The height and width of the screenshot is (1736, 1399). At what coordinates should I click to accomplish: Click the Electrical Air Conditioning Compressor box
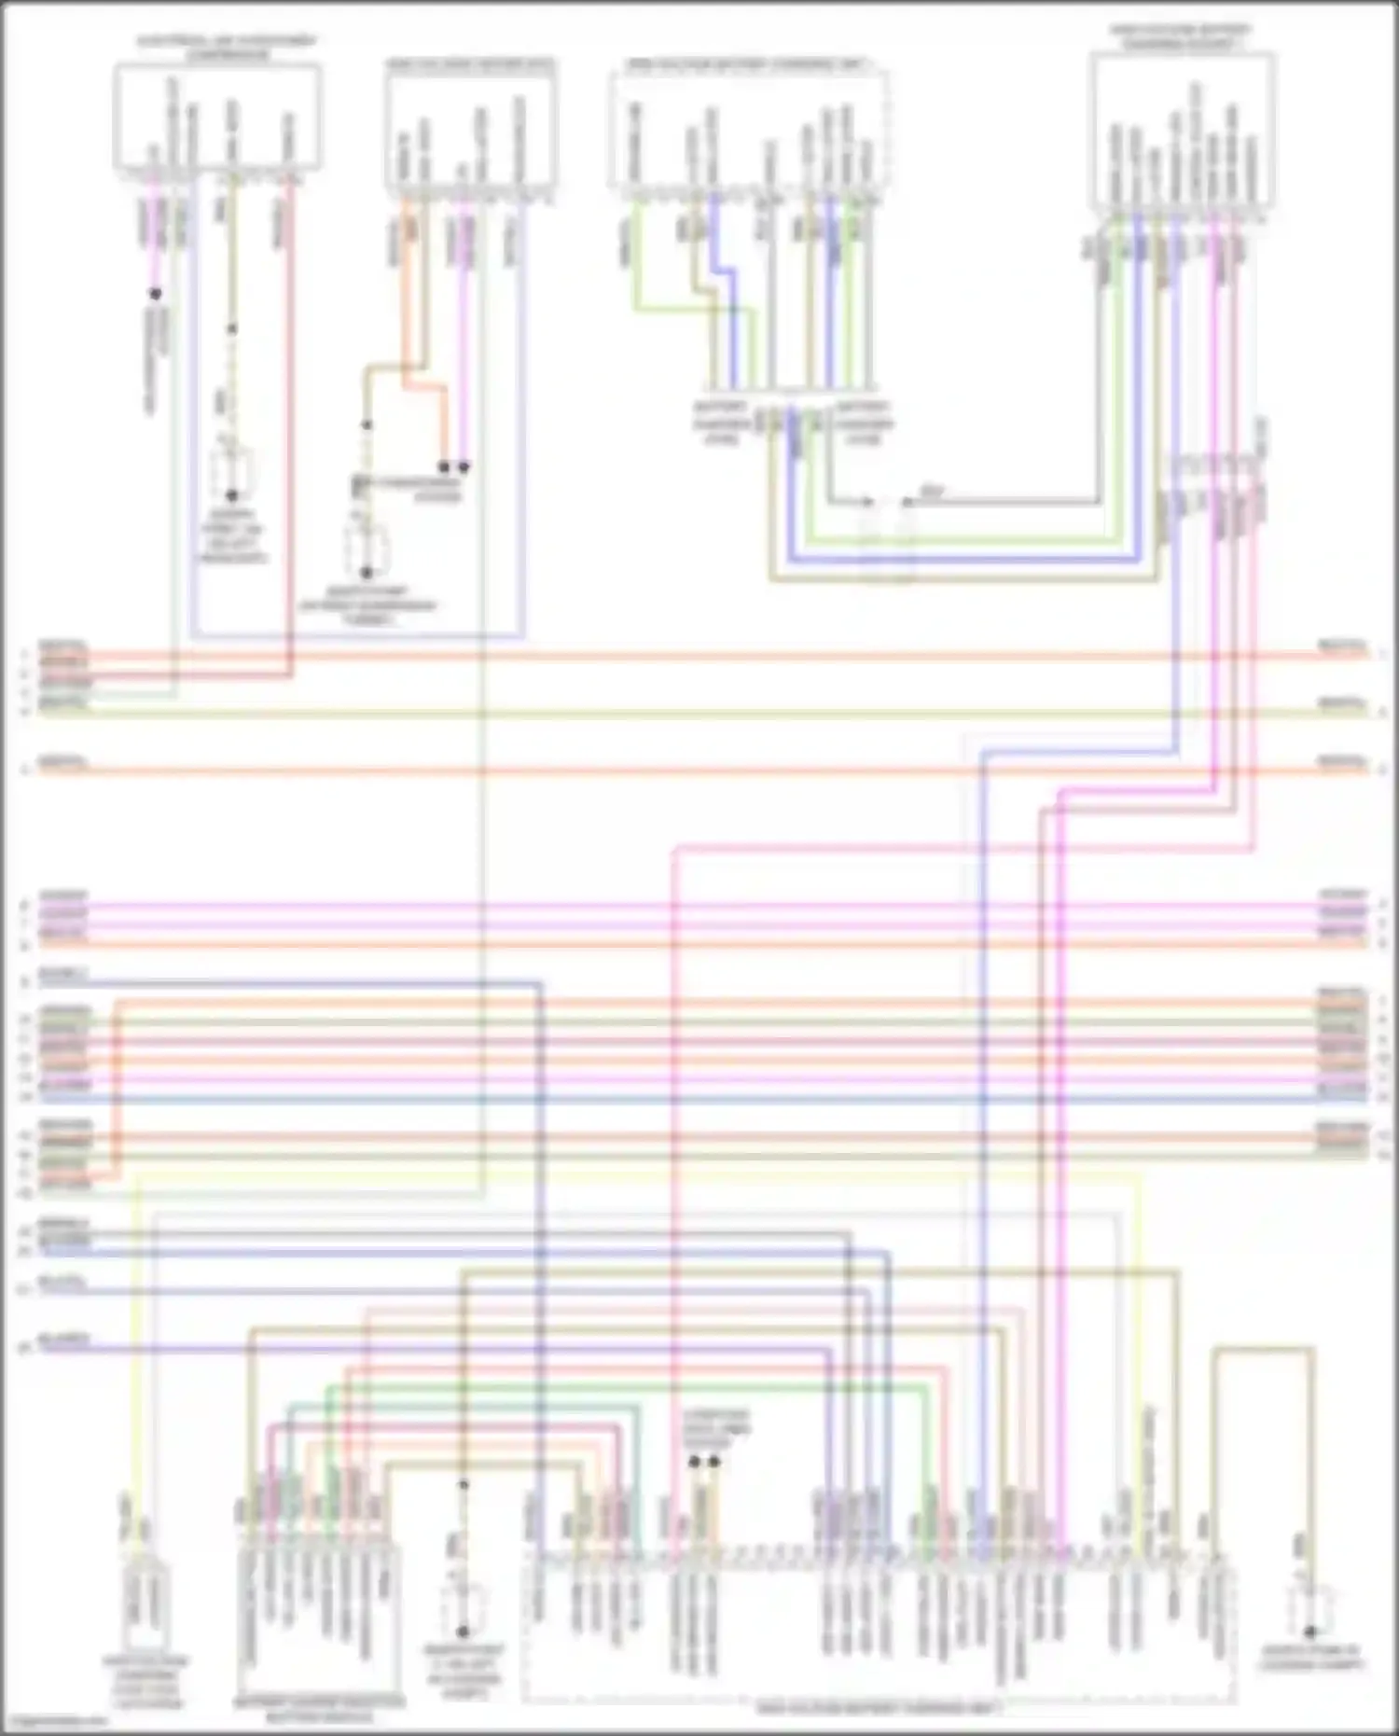217,117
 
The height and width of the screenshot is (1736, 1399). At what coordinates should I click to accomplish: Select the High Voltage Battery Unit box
471,126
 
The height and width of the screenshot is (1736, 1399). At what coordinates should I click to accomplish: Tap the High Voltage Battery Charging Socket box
1182,131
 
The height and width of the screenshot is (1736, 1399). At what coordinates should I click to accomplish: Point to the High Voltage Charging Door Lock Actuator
145,1609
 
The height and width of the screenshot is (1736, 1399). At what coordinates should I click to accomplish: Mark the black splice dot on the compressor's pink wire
156,294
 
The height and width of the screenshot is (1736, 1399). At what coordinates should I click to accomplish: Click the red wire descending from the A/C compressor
290,420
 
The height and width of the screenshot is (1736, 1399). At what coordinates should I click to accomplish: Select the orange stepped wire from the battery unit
422,383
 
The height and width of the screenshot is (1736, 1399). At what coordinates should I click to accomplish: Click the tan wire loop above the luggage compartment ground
1264,1349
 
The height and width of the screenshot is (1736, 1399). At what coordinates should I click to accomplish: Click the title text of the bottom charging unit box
877,1708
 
